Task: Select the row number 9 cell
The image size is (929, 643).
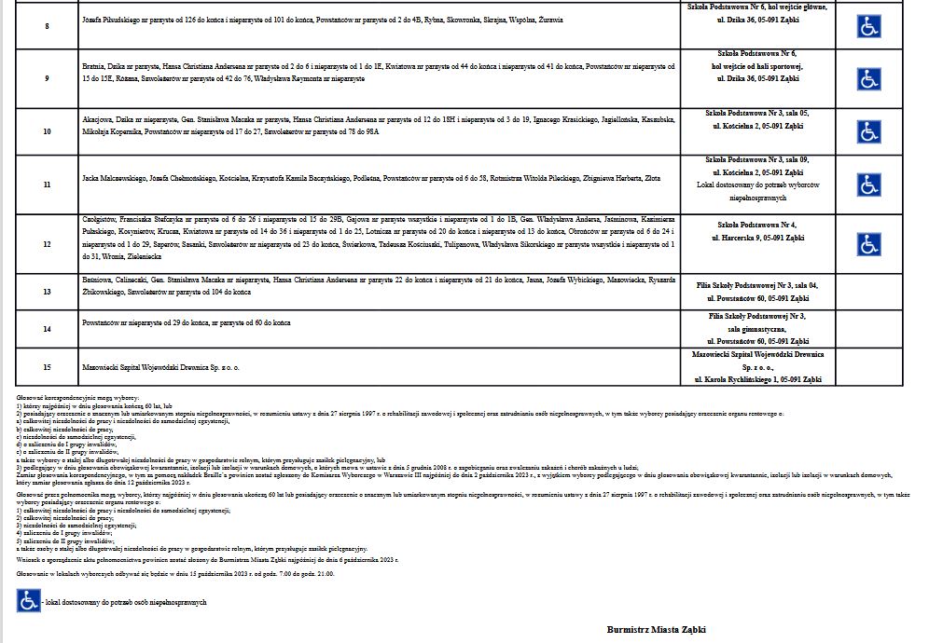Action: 48,79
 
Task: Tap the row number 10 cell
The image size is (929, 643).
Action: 48,131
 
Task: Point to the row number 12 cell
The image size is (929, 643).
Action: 48,244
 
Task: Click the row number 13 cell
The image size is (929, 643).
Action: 48,292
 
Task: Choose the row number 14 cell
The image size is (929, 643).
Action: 48,329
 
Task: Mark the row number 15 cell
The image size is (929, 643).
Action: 48,367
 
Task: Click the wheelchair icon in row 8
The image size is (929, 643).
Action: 869,26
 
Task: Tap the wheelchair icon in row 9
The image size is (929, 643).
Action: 869,79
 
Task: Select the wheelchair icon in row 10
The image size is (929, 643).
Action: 869,131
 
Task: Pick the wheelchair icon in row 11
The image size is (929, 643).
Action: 869,185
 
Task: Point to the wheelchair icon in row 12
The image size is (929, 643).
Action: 869,244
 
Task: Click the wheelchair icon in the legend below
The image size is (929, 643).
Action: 28,602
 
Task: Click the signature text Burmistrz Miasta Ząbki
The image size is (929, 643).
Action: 656,629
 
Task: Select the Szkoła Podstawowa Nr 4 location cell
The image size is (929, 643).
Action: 756,232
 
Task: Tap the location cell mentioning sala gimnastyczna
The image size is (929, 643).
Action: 756,329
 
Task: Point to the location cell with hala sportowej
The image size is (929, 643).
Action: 756,67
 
